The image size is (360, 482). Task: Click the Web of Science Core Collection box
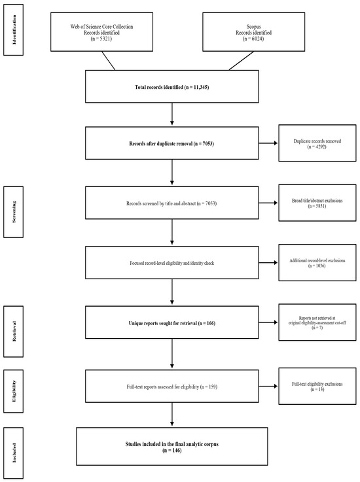point(101,31)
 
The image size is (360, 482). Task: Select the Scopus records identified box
point(253,31)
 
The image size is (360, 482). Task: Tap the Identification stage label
point(14,30)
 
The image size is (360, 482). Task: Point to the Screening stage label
point(14,212)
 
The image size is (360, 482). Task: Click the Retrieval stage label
point(14,332)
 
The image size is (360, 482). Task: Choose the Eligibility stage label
point(14,391)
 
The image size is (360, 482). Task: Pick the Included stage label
point(14,453)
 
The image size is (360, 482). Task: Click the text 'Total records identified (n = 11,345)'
point(171,87)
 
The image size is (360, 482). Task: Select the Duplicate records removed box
point(317,143)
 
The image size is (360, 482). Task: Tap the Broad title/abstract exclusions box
point(317,203)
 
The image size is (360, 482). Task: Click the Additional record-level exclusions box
point(317,262)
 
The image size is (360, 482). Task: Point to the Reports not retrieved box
point(317,322)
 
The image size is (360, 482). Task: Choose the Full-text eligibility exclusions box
point(317,386)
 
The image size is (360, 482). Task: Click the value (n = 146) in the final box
point(171,451)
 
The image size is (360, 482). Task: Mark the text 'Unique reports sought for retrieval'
point(163,323)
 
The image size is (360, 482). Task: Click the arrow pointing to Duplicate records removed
point(268,143)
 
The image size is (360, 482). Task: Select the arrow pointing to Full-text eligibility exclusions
point(268,386)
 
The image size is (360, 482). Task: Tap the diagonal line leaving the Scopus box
point(242,61)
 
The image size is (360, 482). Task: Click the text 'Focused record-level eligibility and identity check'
point(171,263)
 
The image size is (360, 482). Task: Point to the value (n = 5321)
point(101,39)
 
